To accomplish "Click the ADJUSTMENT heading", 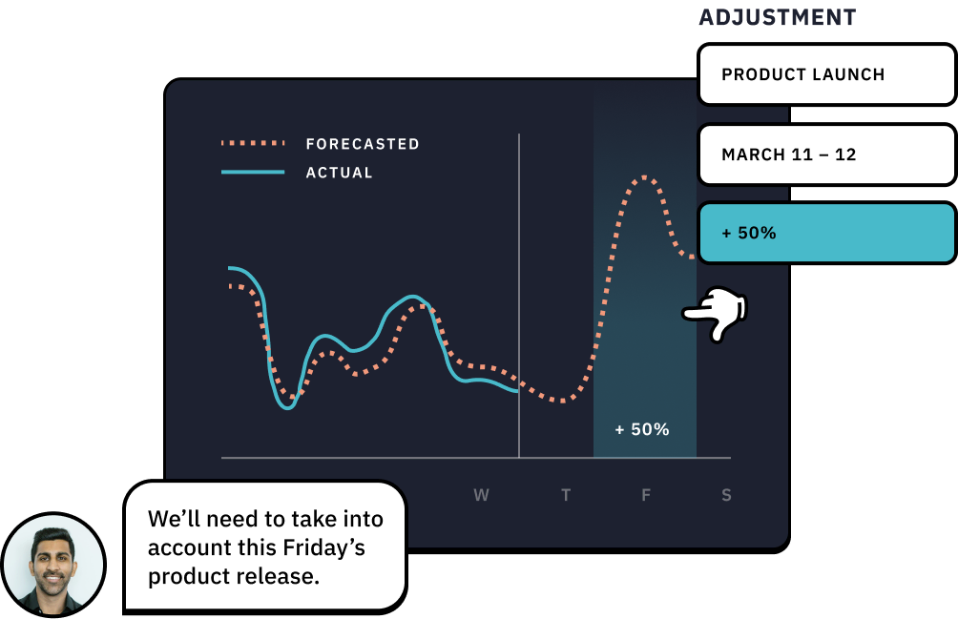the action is [x=777, y=17].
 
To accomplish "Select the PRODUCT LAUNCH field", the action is [x=826, y=73].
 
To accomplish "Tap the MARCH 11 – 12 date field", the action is [x=826, y=155].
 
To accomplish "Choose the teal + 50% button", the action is [x=826, y=233].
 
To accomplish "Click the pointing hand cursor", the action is [x=716, y=313].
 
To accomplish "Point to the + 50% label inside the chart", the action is [x=641, y=429].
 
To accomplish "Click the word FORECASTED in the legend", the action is [x=363, y=144].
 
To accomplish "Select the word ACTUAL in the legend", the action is [x=339, y=173].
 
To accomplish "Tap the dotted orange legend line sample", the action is [x=253, y=143].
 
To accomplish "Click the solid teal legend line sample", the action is [x=253, y=172].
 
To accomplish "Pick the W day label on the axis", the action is [x=482, y=495].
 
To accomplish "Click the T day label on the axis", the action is [x=566, y=495].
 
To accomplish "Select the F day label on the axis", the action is [x=646, y=495].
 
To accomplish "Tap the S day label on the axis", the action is [x=726, y=495].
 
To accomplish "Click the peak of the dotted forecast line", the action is [x=645, y=177].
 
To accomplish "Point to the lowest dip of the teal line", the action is [x=287, y=408].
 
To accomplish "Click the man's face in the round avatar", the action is [x=52, y=559].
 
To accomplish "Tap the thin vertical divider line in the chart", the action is [x=519, y=296].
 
